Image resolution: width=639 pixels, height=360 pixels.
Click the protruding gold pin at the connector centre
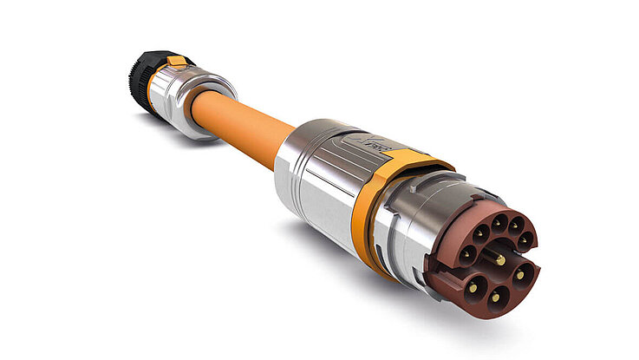[x=500, y=261]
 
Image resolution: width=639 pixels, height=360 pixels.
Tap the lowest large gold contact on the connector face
[x=495, y=298]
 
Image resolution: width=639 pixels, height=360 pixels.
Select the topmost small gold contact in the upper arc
[x=496, y=223]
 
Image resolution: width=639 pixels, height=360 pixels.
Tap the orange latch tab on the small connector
[x=177, y=62]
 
